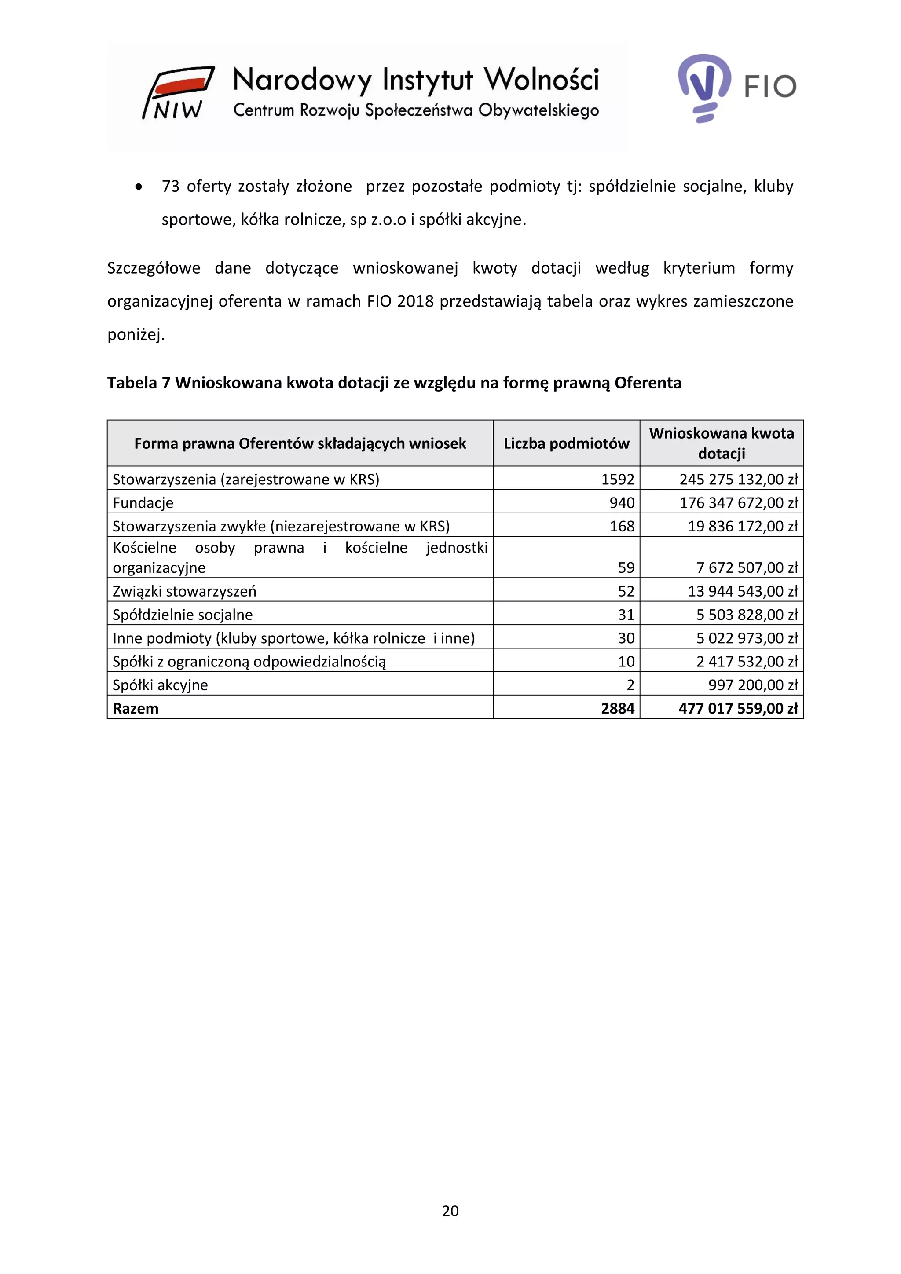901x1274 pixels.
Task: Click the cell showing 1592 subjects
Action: [618, 479]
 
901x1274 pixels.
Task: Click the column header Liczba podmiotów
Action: [567, 443]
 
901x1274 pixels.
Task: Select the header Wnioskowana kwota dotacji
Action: [721, 443]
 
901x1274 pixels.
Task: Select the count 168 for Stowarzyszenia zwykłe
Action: [622, 526]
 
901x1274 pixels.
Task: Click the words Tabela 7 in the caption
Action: [139, 383]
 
